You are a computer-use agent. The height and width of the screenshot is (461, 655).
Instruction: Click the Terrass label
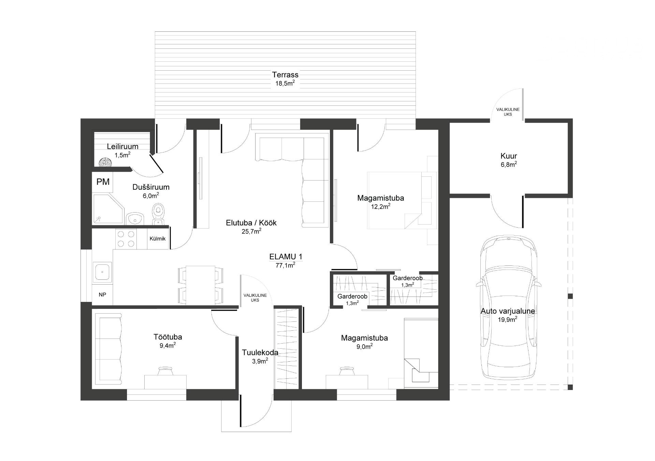[285, 75]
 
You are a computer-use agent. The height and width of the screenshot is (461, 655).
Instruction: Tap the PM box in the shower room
[103, 182]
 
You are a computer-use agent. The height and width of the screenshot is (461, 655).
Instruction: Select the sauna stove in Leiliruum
[105, 163]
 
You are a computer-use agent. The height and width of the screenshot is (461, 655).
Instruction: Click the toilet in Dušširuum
[158, 214]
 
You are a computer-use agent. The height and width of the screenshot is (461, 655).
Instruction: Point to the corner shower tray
[108, 209]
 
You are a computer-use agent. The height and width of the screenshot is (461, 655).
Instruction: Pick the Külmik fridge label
[158, 239]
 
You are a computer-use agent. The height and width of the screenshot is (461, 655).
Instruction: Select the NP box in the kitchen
[102, 294]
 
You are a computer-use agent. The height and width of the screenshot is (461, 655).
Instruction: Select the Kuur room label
[509, 156]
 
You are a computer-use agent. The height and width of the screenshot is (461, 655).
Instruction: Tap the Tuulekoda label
[260, 352]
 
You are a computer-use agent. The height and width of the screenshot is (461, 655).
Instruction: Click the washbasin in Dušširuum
[135, 219]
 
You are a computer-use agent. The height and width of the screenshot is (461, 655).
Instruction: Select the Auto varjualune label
[508, 311]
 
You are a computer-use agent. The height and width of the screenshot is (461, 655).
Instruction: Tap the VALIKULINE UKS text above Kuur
[508, 112]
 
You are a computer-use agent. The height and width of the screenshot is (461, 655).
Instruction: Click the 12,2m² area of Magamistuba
[381, 206]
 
